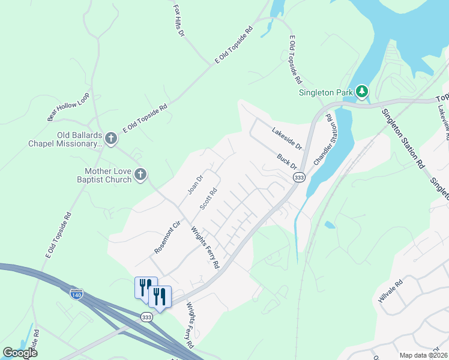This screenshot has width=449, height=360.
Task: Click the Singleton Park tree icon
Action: coord(361,92)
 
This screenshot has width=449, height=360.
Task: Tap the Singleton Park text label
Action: coord(325,92)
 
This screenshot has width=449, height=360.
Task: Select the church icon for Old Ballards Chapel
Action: coord(110,139)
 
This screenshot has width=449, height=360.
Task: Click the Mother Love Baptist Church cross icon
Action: coord(140,175)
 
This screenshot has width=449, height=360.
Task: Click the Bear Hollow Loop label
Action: coord(68,107)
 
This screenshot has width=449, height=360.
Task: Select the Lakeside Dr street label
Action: coord(285,138)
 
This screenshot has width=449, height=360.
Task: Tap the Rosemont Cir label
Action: coord(167,238)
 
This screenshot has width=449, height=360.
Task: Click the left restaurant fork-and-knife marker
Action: coord(145,286)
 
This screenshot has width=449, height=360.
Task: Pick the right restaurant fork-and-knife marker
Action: coord(159,296)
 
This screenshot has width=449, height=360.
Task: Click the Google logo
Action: coord(20,352)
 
